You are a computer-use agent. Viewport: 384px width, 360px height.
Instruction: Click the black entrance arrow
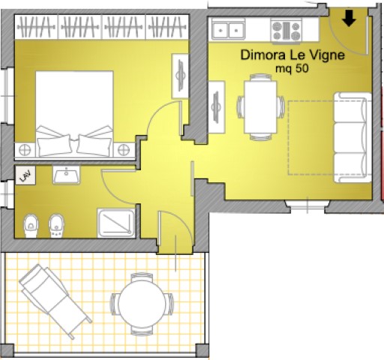349,18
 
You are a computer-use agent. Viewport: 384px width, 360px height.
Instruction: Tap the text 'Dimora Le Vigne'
292,55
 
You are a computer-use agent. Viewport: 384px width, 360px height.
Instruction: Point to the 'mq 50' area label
292,68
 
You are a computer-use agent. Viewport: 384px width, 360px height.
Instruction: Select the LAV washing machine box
25,175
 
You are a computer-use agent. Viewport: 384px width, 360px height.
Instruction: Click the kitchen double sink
228,30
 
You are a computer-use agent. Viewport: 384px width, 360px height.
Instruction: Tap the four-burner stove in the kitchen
286,31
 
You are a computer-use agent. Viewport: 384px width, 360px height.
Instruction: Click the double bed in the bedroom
74,114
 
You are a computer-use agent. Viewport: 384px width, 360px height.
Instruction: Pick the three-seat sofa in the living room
352,137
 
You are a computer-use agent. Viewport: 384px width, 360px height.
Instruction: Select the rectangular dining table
260,107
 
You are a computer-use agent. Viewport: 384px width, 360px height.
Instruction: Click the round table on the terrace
142,304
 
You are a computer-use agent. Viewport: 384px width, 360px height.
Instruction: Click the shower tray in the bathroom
116,223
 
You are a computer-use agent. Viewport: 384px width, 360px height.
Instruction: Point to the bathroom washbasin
66,175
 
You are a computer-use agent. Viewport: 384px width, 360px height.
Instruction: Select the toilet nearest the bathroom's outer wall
31,226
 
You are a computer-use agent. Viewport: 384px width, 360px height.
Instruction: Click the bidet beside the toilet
56,226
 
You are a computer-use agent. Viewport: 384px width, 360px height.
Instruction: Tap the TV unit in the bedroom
180,76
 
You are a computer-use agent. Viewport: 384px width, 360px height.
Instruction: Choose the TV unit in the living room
217,107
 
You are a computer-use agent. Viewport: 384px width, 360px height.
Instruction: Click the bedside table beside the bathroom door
124,150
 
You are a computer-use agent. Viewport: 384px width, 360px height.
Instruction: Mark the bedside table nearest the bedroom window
25,150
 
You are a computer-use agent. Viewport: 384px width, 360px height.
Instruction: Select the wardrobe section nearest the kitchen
167,27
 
